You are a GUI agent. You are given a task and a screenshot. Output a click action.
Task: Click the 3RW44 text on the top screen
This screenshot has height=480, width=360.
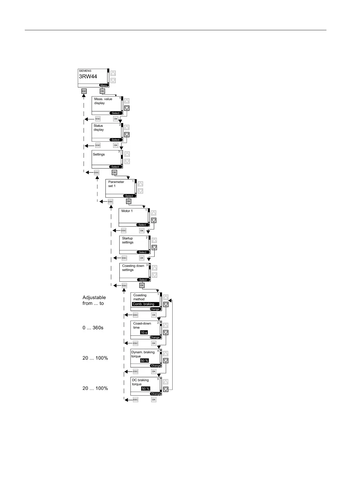(88, 77)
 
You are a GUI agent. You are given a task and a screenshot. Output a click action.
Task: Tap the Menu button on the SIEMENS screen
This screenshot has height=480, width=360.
(104, 85)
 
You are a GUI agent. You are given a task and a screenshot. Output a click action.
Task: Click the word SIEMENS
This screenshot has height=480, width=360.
(85, 71)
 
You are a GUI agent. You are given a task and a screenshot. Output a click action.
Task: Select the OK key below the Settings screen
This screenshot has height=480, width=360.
(114, 172)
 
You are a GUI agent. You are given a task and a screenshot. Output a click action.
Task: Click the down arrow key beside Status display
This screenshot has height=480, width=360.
(127, 135)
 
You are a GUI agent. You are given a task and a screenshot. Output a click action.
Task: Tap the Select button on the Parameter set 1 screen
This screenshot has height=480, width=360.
(129, 196)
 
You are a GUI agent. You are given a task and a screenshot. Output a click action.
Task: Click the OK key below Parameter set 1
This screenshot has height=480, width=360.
(128, 201)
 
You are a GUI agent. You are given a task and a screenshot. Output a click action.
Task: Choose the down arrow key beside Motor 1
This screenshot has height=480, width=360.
(154, 220)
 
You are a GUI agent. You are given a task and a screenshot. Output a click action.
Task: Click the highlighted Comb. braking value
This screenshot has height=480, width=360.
(145, 304)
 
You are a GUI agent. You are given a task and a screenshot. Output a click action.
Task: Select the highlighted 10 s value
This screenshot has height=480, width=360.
(144, 332)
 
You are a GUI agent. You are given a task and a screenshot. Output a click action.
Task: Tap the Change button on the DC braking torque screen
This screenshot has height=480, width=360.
(156, 394)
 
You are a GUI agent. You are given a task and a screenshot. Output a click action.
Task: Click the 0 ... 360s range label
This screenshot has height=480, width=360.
(93, 328)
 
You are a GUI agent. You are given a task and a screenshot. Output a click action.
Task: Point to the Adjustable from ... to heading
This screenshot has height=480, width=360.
(94, 300)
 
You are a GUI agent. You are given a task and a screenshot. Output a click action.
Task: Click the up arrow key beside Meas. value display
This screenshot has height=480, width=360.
(127, 101)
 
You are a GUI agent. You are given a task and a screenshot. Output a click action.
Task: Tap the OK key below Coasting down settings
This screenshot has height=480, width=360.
(142, 285)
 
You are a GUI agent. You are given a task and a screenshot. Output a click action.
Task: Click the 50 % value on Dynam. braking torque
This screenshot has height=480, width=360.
(144, 361)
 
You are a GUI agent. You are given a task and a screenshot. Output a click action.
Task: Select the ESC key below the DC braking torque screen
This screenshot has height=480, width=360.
(135, 400)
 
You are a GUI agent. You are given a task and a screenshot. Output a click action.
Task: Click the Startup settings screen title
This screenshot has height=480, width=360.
(128, 240)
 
